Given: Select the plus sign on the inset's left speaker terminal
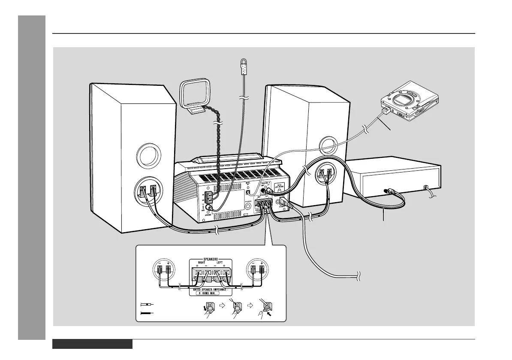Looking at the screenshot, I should [x=168, y=263].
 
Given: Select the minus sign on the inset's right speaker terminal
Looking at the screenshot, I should [x=253, y=263].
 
